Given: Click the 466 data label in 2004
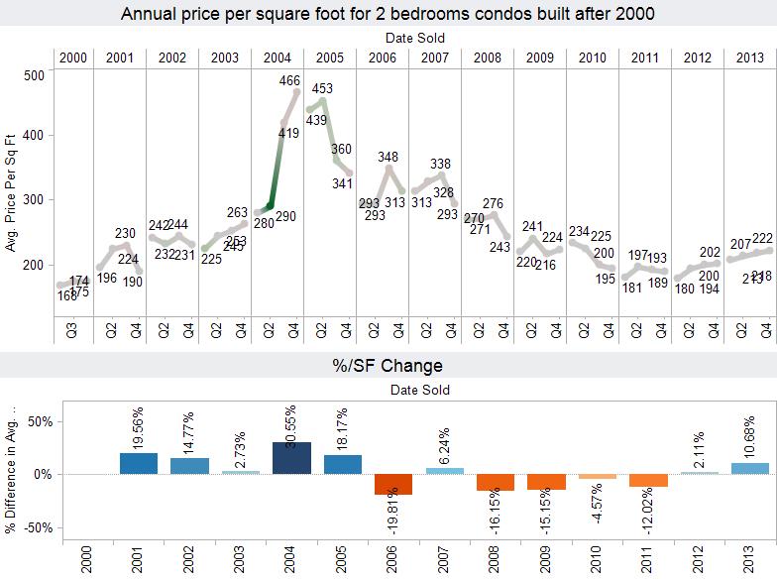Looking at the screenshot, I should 290,81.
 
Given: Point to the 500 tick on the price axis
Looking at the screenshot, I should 34,75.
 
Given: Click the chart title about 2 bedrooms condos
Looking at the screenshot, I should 388,14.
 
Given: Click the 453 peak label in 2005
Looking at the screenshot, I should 321,88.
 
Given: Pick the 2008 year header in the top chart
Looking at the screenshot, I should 488,58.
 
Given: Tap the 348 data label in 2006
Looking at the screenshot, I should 388,157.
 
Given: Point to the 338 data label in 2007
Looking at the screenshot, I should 441,165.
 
